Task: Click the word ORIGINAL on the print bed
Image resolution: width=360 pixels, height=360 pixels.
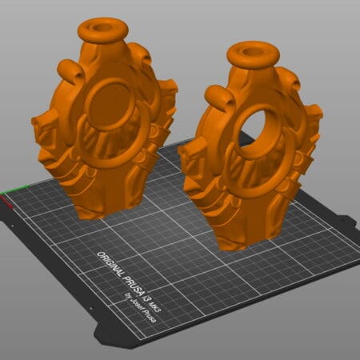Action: (110, 264)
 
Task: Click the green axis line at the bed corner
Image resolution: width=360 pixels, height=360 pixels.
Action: (14, 190)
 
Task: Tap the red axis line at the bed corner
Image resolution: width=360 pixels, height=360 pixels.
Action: (6, 202)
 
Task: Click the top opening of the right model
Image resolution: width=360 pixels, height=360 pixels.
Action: (252, 52)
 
